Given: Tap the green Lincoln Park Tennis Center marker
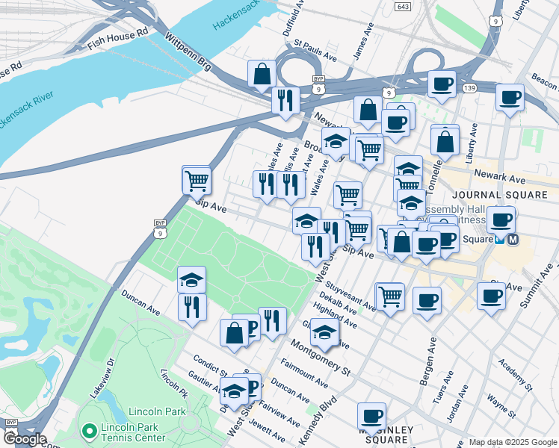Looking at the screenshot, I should [90, 431].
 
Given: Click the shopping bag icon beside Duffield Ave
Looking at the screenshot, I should [262, 74].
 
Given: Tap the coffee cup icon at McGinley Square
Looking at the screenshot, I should [371, 416].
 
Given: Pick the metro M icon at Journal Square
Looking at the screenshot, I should [513, 240].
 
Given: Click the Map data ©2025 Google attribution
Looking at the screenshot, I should [512, 442].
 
